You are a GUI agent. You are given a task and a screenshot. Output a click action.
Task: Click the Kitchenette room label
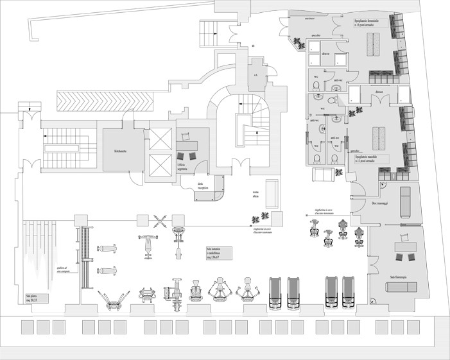tap(121, 151)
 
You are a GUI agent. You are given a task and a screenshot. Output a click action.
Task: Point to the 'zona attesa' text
tap(256, 196)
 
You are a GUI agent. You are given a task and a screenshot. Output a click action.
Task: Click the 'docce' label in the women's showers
tap(326, 55)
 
